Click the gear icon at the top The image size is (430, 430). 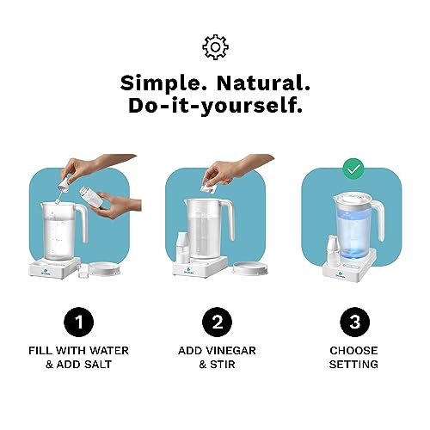click(214, 46)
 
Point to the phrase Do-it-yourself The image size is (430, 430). click(214, 107)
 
